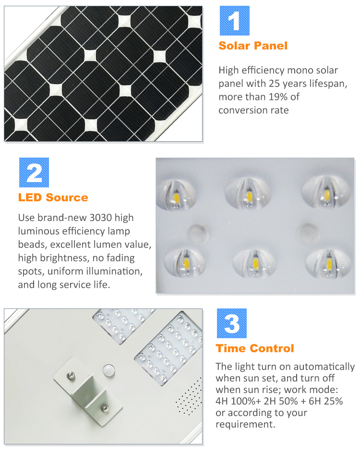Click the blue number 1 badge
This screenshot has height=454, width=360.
[x=235, y=21]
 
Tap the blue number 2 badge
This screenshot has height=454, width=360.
[x=34, y=172]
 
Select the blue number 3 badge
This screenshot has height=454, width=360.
[x=232, y=323]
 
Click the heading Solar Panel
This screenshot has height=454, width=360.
[x=253, y=46]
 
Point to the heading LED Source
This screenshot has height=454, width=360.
[x=53, y=197]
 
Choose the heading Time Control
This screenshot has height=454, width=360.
[x=254, y=348]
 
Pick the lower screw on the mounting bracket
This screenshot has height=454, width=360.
[x=103, y=408]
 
